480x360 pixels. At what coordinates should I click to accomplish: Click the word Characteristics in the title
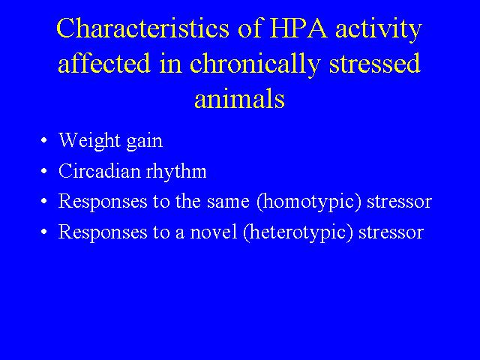click(142, 28)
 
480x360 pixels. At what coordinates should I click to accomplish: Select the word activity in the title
click(379, 30)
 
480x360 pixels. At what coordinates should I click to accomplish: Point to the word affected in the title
click(104, 63)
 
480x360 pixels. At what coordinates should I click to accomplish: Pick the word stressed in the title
click(374, 63)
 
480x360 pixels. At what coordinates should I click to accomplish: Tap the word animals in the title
click(240, 98)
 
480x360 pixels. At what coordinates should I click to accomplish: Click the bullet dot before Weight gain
click(44, 141)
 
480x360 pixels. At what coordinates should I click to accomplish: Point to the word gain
click(145, 142)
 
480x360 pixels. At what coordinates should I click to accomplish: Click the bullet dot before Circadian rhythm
click(44, 171)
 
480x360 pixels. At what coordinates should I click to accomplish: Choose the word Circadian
click(99, 171)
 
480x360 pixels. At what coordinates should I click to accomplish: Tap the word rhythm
click(176, 172)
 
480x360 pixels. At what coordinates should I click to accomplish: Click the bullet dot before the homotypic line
click(44, 201)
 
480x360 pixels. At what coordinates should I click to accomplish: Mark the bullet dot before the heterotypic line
click(44, 232)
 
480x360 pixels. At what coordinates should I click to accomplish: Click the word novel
click(214, 232)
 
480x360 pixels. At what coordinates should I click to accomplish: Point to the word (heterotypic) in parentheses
click(298, 232)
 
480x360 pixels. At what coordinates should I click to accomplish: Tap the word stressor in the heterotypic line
click(391, 233)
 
